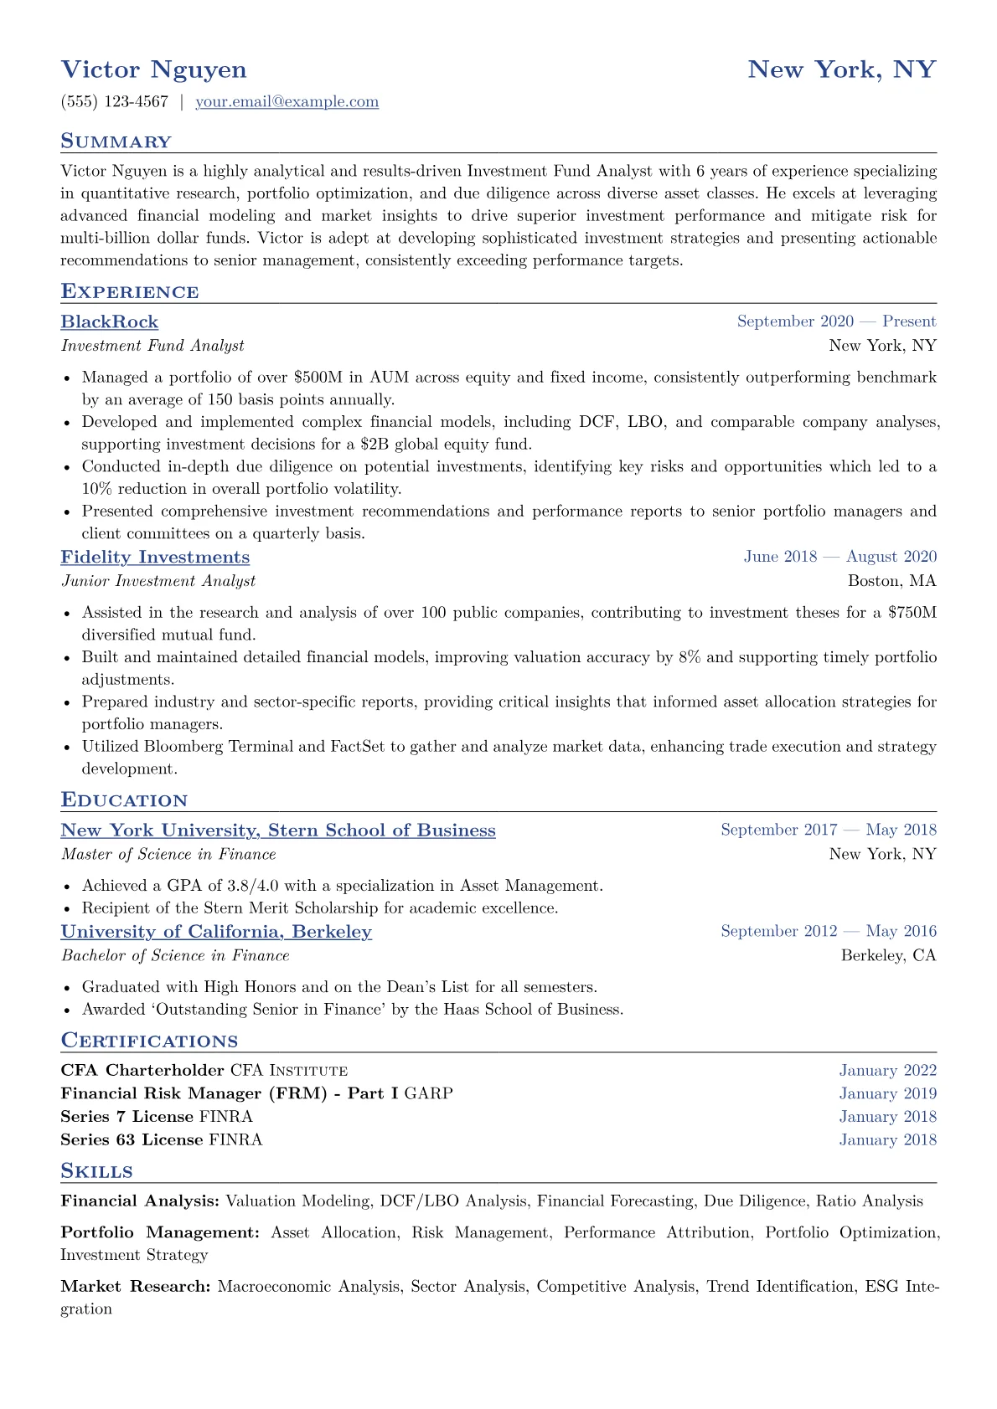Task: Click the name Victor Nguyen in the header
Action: pyautogui.click(x=154, y=69)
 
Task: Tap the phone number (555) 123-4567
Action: pyautogui.click(x=115, y=102)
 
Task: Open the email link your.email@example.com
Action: pyautogui.click(x=287, y=102)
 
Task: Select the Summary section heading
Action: pyautogui.click(x=116, y=141)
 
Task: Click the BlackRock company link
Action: pyautogui.click(x=110, y=322)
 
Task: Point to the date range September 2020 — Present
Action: pyautogui.click(x=836, y=321)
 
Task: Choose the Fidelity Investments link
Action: pyautogui.click(x=155, y=558)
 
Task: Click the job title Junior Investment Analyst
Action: pyautogui.click(x=158, y=581)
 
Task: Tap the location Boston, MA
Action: pyautogui.click(x=891, y=581)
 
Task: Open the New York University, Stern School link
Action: pyautogui.click(x=278, y=830)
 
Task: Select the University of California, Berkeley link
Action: pyautogui.click(x=216, y=932)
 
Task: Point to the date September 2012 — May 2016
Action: pyautogui.click(x=828, y=931)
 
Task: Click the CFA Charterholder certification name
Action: pyautogui.click(x=142, y=1071)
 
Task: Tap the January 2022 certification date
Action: pyautogui.click(x=887, y=1071)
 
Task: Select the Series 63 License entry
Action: pyautogui.click(x=132, y=1140)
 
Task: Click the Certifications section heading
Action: pyautogui.click(x=149, y=1041)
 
